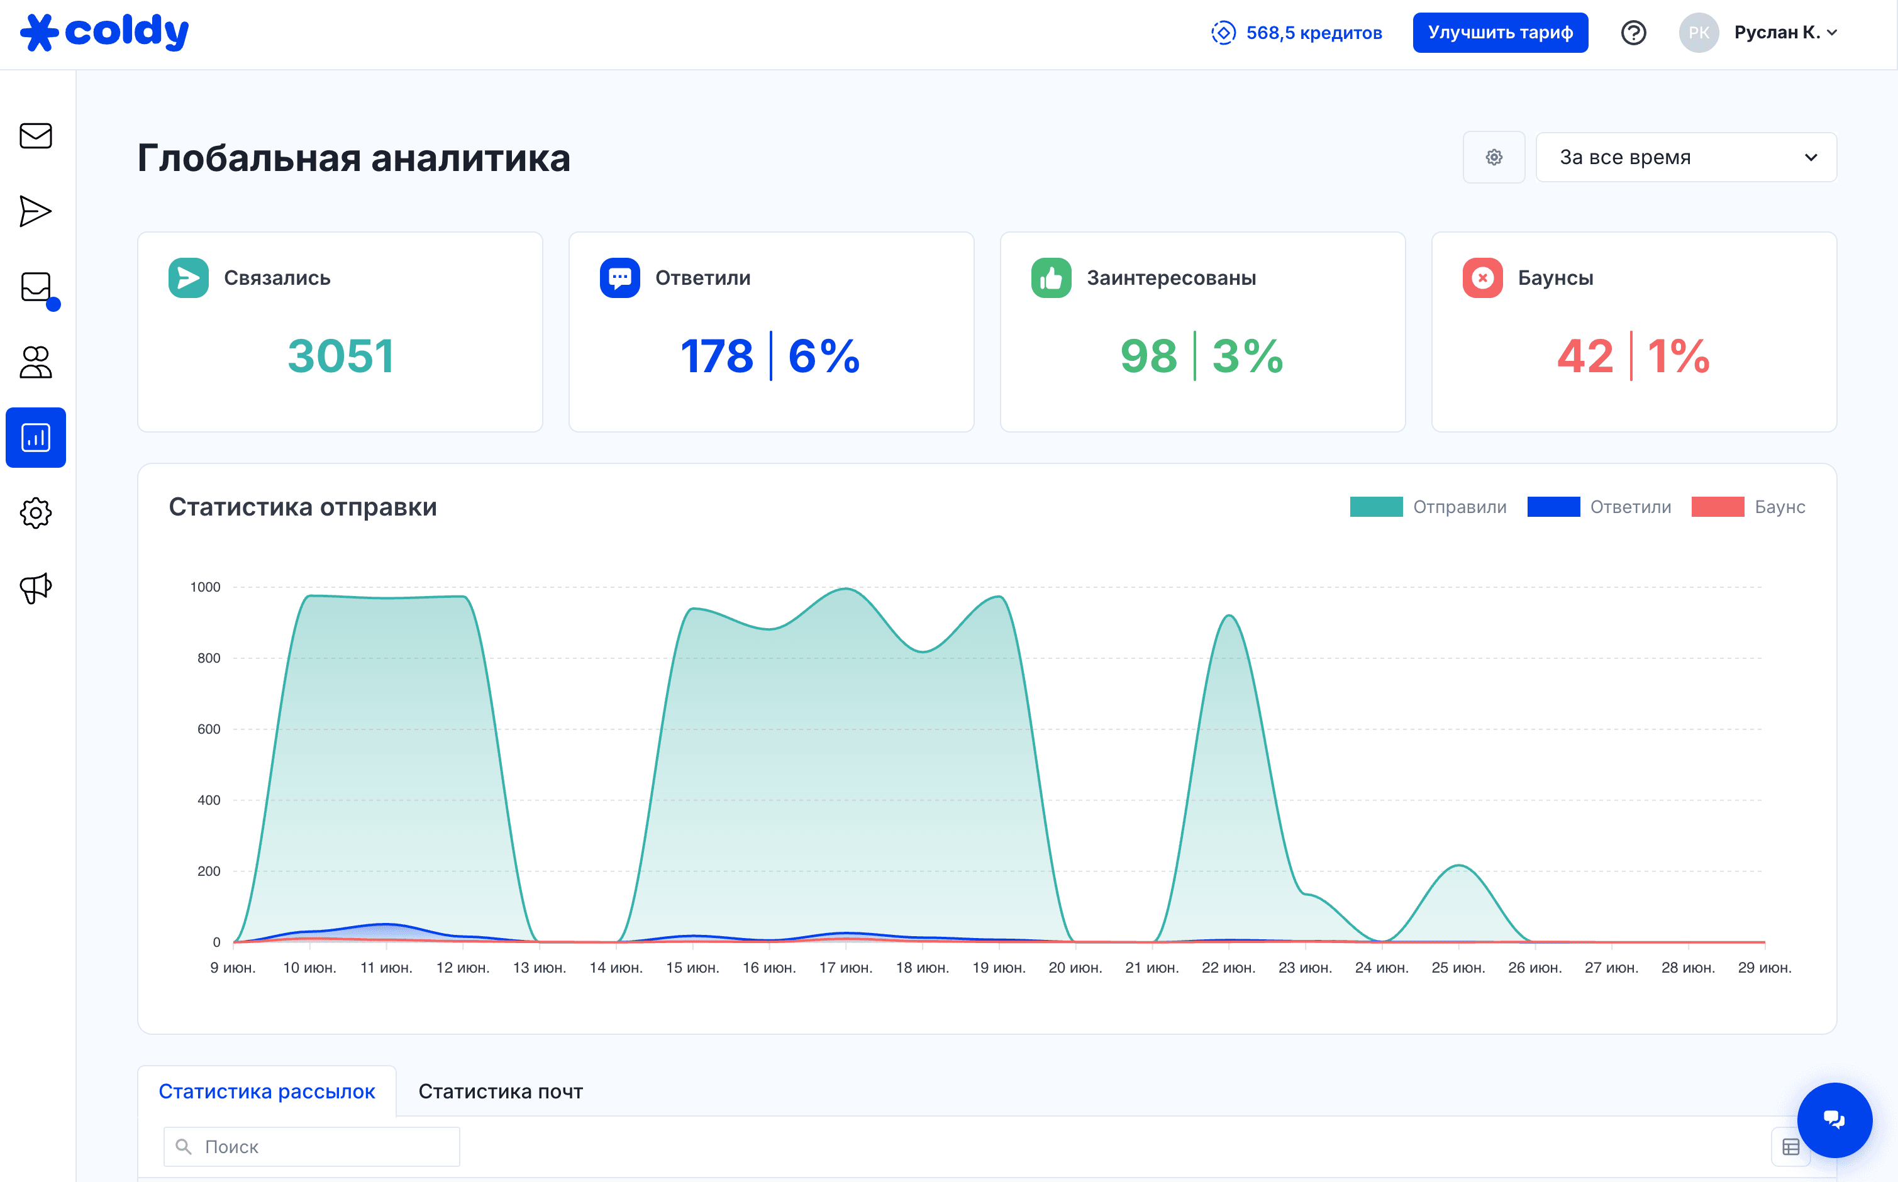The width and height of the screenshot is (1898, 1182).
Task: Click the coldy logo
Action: click(104, 32)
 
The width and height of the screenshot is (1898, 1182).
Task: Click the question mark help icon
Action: click(1633, 33)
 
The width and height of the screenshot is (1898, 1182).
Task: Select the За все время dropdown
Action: click(1685, 157)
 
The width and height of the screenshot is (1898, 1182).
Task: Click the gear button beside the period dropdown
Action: click(1494, 157)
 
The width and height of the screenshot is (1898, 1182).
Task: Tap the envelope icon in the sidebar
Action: click(36, 136)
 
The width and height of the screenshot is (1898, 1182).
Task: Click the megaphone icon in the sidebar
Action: click(36, 588)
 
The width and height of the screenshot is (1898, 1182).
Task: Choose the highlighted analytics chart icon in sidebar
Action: click(36, 438)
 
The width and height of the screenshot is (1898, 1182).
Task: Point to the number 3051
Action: click(340, 356)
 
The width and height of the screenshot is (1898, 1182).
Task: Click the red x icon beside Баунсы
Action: click(1482, 277)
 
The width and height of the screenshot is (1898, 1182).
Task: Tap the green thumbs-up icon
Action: click(1051, 277)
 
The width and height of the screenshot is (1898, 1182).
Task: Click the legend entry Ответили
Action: click(1599, 507)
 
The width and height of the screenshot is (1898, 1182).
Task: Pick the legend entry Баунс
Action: click(1748, 507)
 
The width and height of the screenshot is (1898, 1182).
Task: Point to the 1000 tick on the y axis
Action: click(206, 587)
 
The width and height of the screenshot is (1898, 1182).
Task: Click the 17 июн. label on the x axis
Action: click(846, 968)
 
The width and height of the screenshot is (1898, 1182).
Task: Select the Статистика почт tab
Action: click(501, 1091)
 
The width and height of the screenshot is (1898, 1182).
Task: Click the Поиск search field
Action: click(312, 1147)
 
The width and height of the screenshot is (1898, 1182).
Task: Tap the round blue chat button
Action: click(1834, 1120)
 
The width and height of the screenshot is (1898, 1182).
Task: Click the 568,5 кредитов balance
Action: click(1297, 33)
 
